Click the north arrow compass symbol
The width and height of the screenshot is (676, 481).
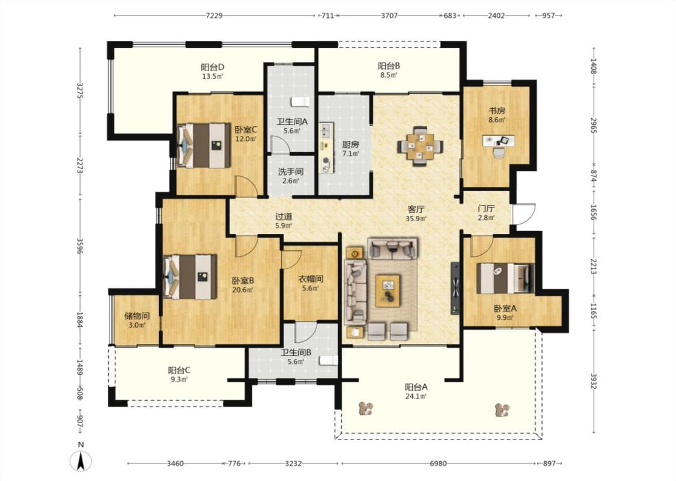[81, 461]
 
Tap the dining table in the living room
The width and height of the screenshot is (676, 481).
[421, 146]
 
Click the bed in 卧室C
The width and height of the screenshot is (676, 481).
[204, 146]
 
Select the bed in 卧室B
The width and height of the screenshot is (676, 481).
[190, 277]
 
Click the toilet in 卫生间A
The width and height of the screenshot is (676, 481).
[300, 102]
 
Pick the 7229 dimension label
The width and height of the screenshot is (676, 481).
[214, 16]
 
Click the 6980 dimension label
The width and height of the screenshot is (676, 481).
[438, 464]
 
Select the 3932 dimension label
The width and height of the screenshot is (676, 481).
[594, 381]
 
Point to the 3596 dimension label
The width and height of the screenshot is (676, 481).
[80, 246]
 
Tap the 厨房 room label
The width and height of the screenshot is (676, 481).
[350, 144]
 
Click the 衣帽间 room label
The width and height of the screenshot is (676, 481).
[311, 279]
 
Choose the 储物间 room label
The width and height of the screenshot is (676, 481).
[136, 316]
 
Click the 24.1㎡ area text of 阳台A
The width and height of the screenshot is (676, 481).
[416, 396]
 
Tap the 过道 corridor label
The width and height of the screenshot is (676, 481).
[284, 216]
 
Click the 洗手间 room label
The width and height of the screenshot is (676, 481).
[291, 171]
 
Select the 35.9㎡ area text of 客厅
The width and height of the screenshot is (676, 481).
[416, 219]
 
